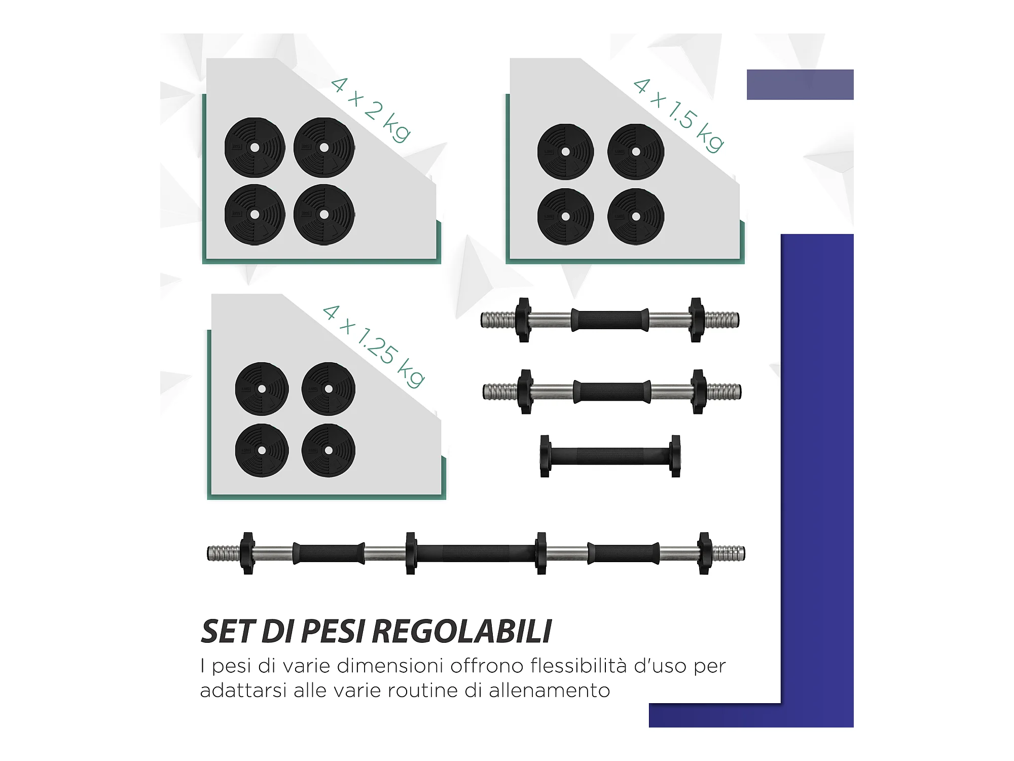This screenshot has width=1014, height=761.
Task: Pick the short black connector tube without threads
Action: point(610,456)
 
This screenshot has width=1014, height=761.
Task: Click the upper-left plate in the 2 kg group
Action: point(255,148)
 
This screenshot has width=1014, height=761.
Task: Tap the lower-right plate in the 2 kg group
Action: point(324,215)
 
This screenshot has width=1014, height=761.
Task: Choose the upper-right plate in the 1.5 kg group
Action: point(636,152)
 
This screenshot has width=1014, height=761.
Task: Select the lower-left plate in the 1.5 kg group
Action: point(565,217)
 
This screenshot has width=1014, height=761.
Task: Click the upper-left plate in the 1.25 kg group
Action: point(262,389)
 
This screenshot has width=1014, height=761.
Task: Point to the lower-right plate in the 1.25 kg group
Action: point(329,451)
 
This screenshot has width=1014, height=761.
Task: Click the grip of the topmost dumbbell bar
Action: point(610,320)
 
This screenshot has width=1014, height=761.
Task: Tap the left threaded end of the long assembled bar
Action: point(223,553)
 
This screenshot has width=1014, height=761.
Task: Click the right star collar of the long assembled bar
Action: point(704,553)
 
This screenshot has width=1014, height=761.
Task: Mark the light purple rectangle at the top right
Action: point(800,85)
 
